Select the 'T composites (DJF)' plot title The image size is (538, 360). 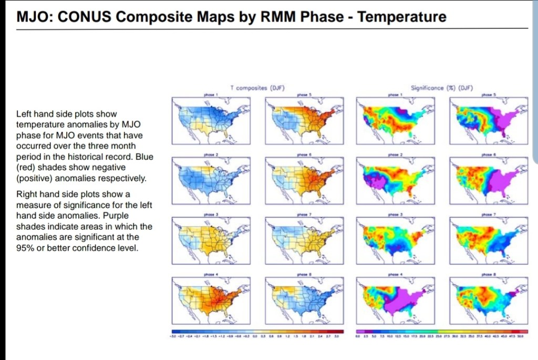tap(257, 88)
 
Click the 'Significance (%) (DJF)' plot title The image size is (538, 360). tap(442, 88)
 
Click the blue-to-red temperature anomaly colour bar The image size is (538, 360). tap(257, 331)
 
